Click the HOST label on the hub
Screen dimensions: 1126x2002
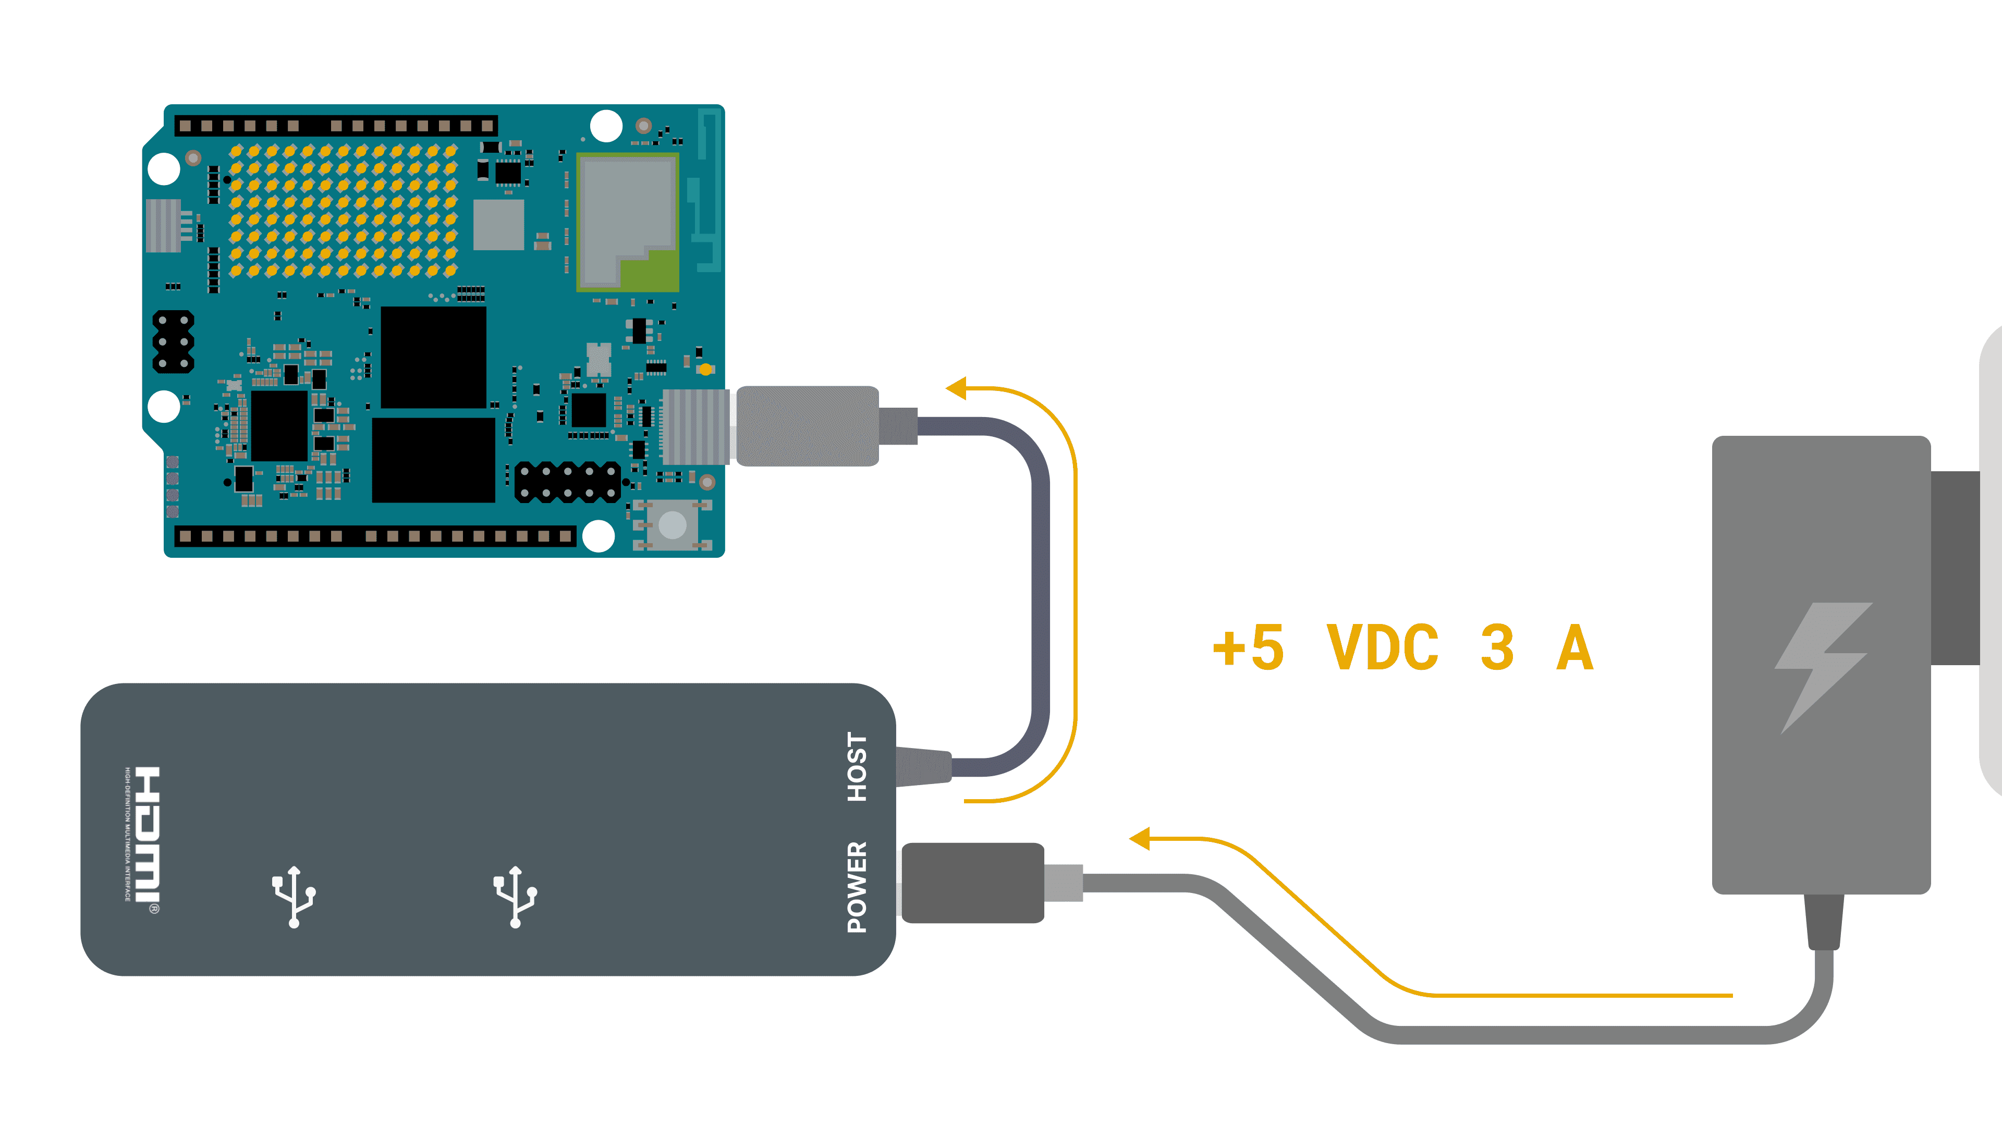857,767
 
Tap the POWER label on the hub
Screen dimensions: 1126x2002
857,887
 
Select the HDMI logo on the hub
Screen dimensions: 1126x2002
145,835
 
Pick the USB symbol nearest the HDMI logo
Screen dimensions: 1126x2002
294,897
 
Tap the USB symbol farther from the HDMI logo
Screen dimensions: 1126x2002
515,897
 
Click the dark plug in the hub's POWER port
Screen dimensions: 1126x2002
971,883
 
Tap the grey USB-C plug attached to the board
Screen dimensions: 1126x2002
807,426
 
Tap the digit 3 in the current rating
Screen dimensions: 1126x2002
1497,647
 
